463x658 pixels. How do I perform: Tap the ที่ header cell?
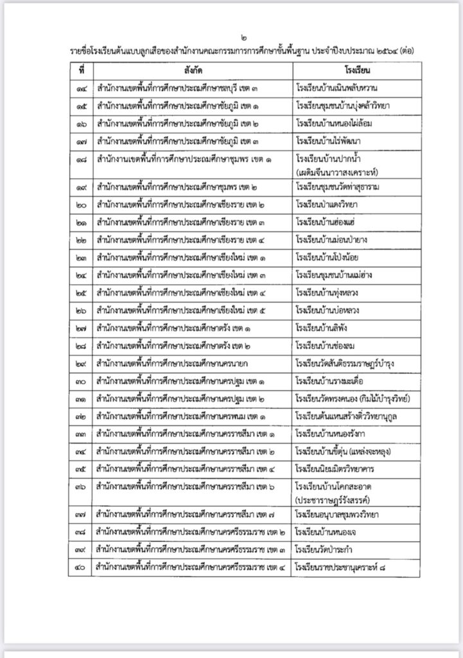point(80,69)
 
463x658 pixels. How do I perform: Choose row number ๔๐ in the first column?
point(80,567)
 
